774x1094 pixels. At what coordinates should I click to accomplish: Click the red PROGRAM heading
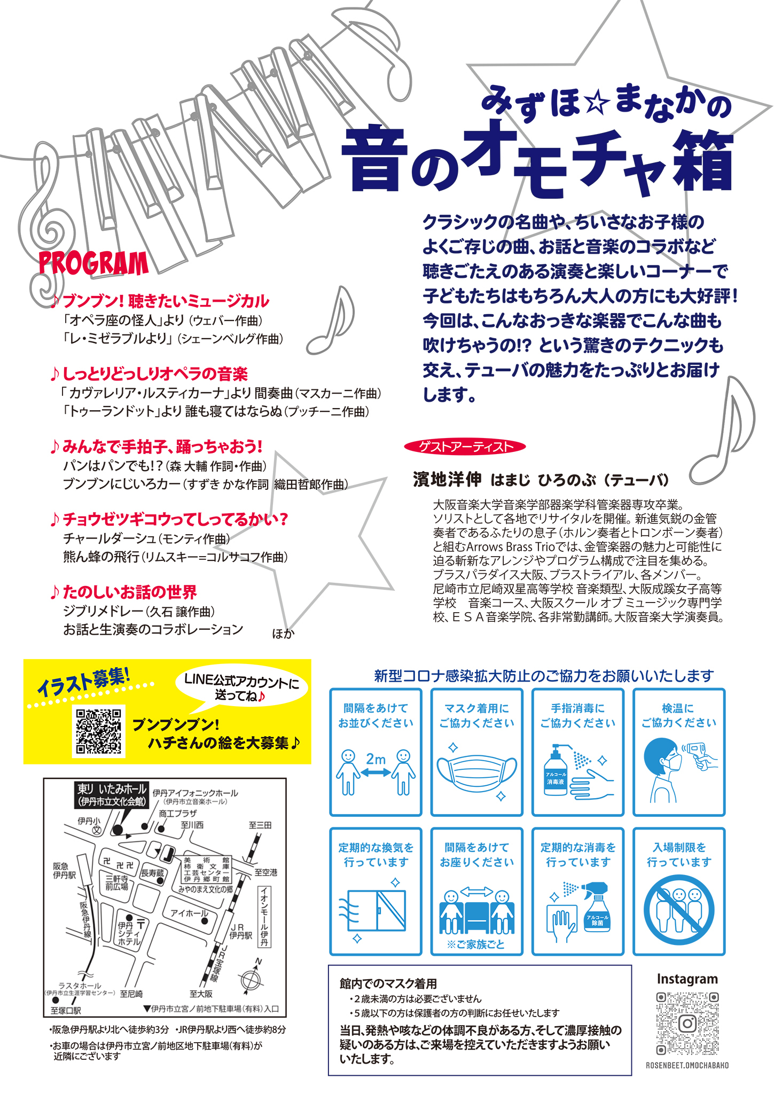point(94,263)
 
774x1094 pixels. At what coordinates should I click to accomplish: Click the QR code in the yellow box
point(99,731)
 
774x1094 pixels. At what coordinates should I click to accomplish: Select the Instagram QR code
point(687,1023)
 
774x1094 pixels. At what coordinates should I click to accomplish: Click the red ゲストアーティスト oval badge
point(465,447)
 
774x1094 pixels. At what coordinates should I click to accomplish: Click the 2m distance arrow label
point(376,759)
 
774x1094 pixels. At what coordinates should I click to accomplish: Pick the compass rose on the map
point(251,980)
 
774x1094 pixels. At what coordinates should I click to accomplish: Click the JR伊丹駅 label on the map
point(241,931)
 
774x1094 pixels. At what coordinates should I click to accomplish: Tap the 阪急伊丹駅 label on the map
point(64,871)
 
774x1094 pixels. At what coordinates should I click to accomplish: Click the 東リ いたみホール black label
point(112,795)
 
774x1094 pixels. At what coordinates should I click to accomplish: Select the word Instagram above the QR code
point(687,979)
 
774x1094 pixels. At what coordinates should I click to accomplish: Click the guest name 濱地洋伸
point(447,480)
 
